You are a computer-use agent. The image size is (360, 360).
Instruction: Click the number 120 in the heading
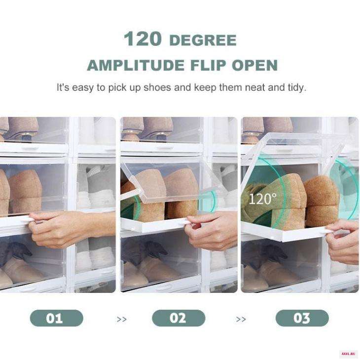click(143, 38)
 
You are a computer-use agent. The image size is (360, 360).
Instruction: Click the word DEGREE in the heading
click(203, 40)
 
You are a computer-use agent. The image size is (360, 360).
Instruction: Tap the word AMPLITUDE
click(136, 65)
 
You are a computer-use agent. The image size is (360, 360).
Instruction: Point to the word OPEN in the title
click(255, 65)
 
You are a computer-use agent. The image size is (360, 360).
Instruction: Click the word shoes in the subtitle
click(157, 87)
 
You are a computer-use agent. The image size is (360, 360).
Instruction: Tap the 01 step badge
click(57, 318)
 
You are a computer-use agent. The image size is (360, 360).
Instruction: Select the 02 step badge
click(179, 318)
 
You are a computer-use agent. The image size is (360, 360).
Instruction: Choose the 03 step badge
click(302, 318)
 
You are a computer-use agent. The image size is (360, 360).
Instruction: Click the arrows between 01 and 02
click(121, 319)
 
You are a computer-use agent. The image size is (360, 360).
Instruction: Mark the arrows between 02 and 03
click(241, 319)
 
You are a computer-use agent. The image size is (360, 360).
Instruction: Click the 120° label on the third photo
click(263, 199)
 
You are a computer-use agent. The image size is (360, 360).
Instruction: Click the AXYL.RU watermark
click(348, 354)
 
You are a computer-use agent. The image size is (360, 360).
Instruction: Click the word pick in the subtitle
click(117, 88)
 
